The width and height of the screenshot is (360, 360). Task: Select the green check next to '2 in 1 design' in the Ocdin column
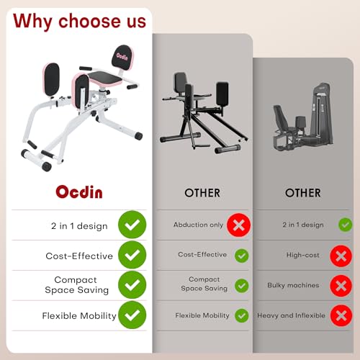pos(132,225)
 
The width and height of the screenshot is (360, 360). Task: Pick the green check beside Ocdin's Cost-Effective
pos(132,256)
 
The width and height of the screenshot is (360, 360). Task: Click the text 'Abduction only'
pos(198,225)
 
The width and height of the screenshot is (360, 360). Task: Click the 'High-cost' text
pos(303,255)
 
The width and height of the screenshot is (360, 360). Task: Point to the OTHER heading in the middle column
pos(202,193)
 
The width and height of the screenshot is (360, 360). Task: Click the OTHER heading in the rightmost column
pos(302,193)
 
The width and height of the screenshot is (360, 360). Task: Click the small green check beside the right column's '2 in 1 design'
pos(345,225)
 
